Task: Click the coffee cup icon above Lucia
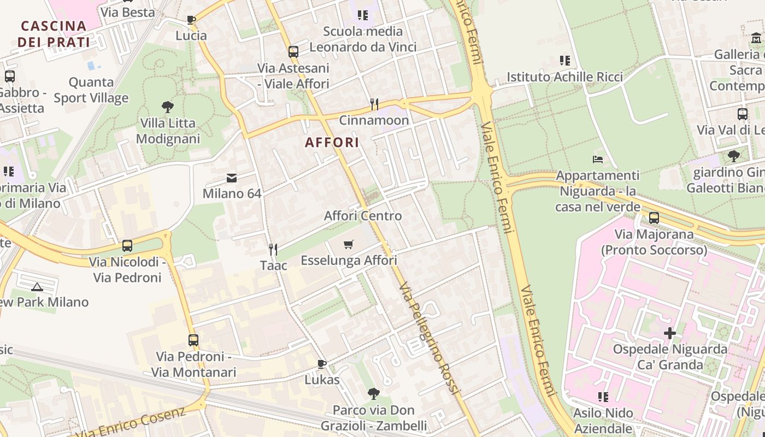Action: click(x=191, y=20)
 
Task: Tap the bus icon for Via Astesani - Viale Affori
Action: click(x=293, y=52)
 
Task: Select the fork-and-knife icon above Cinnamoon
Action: click(x=374, y=104)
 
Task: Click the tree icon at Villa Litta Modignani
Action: click(x=168, y=107)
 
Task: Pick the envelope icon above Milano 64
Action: click(x=232, y=178)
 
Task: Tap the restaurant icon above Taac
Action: click(x=273, y=250)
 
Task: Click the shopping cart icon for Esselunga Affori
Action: click(x=349, y=244)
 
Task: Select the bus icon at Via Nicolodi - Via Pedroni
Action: click(x=127, y=246)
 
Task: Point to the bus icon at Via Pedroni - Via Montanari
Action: click(x=193, y=340)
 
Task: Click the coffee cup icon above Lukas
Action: click(x=322, y=364)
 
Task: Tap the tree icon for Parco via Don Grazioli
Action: click(x=374, y=393)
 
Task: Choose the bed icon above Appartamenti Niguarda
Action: click(x=598, y=160)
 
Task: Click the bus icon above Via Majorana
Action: click(x=654, y=218)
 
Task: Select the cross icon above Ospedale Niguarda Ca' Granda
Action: click(x=670, y=333)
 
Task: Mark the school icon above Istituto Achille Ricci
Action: click(x=565, y=61)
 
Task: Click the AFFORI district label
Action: click(x=332, y=143)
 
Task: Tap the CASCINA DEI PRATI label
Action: click(x=54, y=34)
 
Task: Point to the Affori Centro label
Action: click(x=363, y=216)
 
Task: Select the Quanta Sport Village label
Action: click(x=91, y=90)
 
